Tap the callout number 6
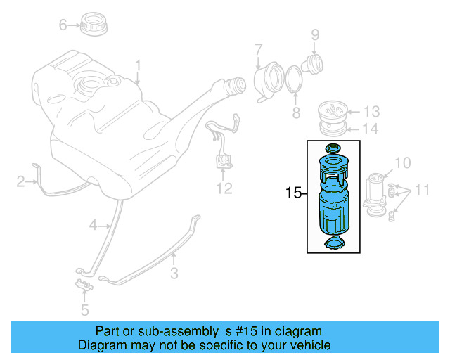[x=63, y=25]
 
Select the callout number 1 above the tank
[x=138, y=66]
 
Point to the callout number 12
[x=224, y=188]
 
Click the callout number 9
[x=315, y=34]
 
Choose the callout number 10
[x=401, y=163]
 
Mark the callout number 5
[x=84, y=309]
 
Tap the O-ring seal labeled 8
[x=294, y=78]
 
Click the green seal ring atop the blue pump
[x=333, y=148]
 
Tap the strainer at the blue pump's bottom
[x=334, y=244]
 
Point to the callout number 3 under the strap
[x=174, y=273]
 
